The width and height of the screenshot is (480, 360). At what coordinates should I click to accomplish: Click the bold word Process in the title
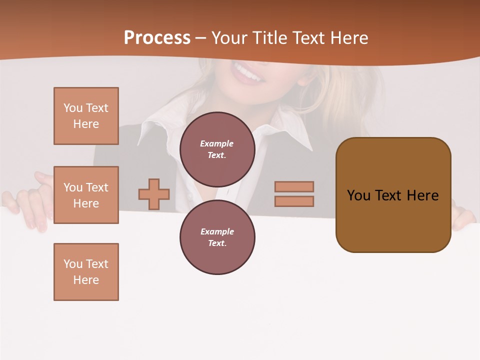pyautogui.click(x=157, y=38)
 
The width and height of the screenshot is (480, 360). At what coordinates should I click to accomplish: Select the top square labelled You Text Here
pyautogui.click(x=86, y=116)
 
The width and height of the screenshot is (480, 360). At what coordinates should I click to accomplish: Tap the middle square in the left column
pyautogui.click(x=86, y=195)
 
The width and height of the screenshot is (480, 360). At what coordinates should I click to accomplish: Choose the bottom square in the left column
pyautogui.click(x=86, y=271)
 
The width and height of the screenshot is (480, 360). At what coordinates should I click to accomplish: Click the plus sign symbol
pyautogui.click(x=154, y=194)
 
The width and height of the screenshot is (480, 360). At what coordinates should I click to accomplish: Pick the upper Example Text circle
pyautogui.click(x=217, y=149)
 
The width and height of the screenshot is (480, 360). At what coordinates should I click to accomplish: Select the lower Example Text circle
pyautogui.click(x=217, y=237)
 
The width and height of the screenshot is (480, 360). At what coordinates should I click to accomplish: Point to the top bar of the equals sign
pyautogui.click(x=294, y=186)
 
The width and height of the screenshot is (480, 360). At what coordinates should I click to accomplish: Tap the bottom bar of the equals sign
pyautogui.click(x=294, y=201)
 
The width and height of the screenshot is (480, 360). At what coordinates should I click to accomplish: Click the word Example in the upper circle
pyautogui.click(x=216, y=143)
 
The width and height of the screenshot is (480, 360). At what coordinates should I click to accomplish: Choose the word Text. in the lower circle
pyautogui.click(x=217, y=243)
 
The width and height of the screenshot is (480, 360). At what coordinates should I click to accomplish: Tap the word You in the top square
pyautogui.click(x=73, y=108)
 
